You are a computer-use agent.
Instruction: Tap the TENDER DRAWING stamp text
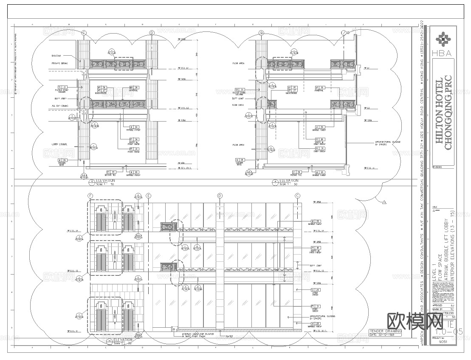386,331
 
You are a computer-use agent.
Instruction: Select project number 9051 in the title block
443,341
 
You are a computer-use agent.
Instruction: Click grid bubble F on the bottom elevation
90,196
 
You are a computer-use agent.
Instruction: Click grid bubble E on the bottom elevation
149,196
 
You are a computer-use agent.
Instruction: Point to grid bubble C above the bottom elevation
298,196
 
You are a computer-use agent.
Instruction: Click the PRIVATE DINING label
59,63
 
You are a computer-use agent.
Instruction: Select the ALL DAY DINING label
60,105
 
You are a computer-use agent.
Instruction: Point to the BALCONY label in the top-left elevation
56,56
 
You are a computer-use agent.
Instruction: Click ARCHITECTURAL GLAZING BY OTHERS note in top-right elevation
387,143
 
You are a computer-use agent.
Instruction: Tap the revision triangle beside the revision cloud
384,202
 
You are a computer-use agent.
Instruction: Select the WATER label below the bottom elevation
230,336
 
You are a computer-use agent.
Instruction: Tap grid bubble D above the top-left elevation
152,33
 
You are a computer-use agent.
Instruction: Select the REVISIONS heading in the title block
437,167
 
